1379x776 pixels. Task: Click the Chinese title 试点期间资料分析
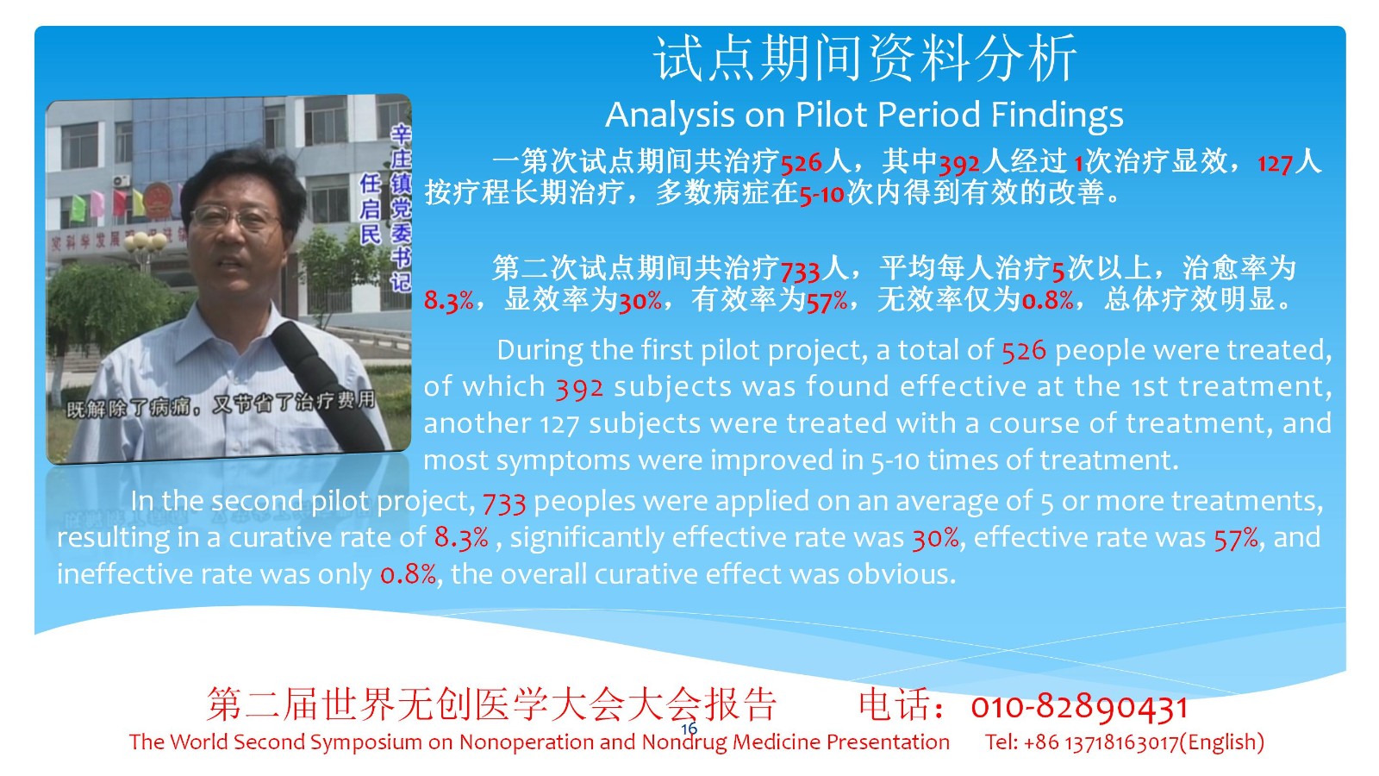coord(865,58)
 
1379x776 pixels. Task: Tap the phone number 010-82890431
coord(1079,707)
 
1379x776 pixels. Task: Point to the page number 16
coord(689,729)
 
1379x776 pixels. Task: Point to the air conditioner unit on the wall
coord(122,181)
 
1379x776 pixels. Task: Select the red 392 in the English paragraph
coord(579,388)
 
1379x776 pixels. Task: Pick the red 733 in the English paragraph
coord(504,503)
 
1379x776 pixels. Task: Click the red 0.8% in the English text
coord(409,574)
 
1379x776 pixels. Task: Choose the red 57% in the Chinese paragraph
coord(827,302)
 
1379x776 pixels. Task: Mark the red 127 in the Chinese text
coord(1275,164)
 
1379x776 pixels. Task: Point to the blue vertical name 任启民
coord(370,208)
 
